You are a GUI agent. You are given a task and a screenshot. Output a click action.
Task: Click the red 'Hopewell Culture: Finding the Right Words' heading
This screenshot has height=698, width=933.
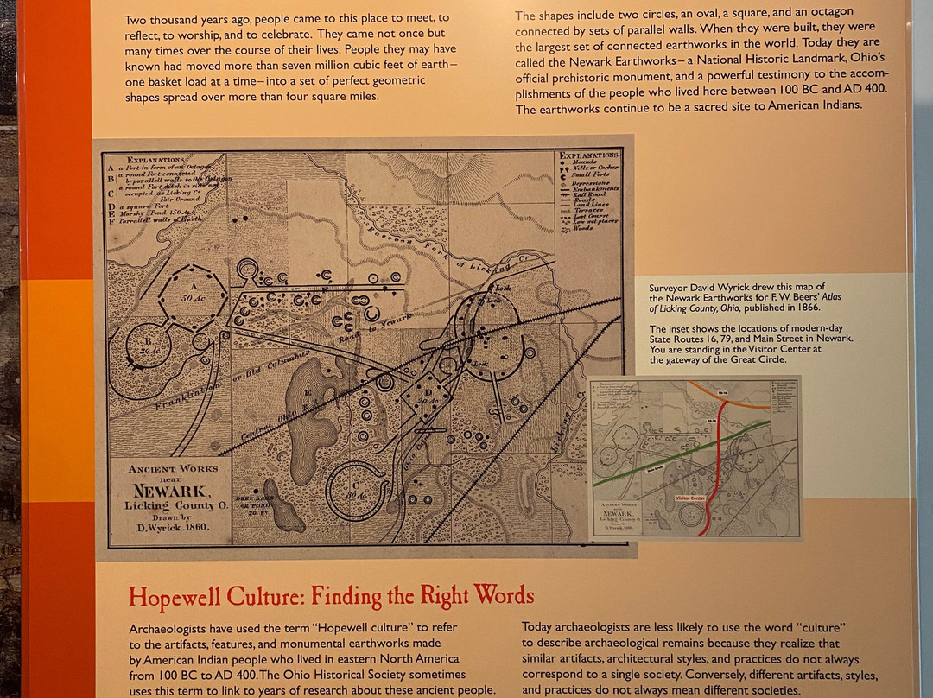click(331, 596)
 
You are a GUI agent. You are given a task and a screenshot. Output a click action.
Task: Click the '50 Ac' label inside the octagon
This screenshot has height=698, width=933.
click(192, 297)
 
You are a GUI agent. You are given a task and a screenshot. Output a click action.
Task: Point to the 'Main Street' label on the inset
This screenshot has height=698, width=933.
click(661, 471)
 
